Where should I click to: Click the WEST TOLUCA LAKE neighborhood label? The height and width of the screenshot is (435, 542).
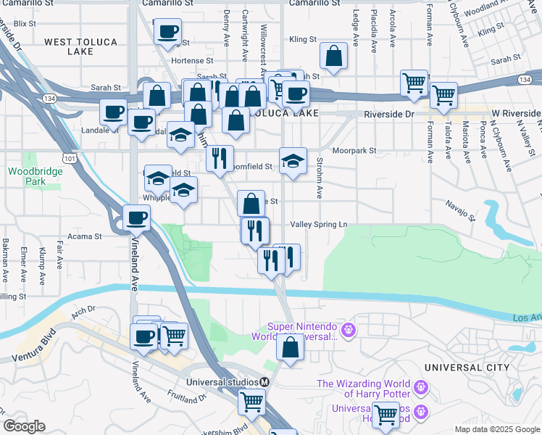point(80,47)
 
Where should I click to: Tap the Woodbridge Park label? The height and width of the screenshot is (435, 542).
point(26,177)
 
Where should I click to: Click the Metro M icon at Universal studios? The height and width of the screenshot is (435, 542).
point(265,382)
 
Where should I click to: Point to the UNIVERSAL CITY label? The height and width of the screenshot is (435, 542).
point(467,368)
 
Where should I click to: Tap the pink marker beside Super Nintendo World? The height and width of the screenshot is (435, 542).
point(348,331)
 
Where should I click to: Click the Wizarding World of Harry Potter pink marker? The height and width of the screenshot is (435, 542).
point(420,389)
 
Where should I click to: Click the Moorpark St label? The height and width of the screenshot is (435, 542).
point(355,152)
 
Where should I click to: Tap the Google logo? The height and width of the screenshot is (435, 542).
point(24,427)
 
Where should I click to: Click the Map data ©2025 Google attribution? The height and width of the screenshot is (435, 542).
point(497,429)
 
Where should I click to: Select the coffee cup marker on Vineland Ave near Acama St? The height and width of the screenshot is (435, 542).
point(136,217)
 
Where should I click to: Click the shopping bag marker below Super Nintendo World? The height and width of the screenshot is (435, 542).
point(290,347)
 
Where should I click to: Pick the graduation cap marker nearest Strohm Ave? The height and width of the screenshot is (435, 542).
point(293,161)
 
